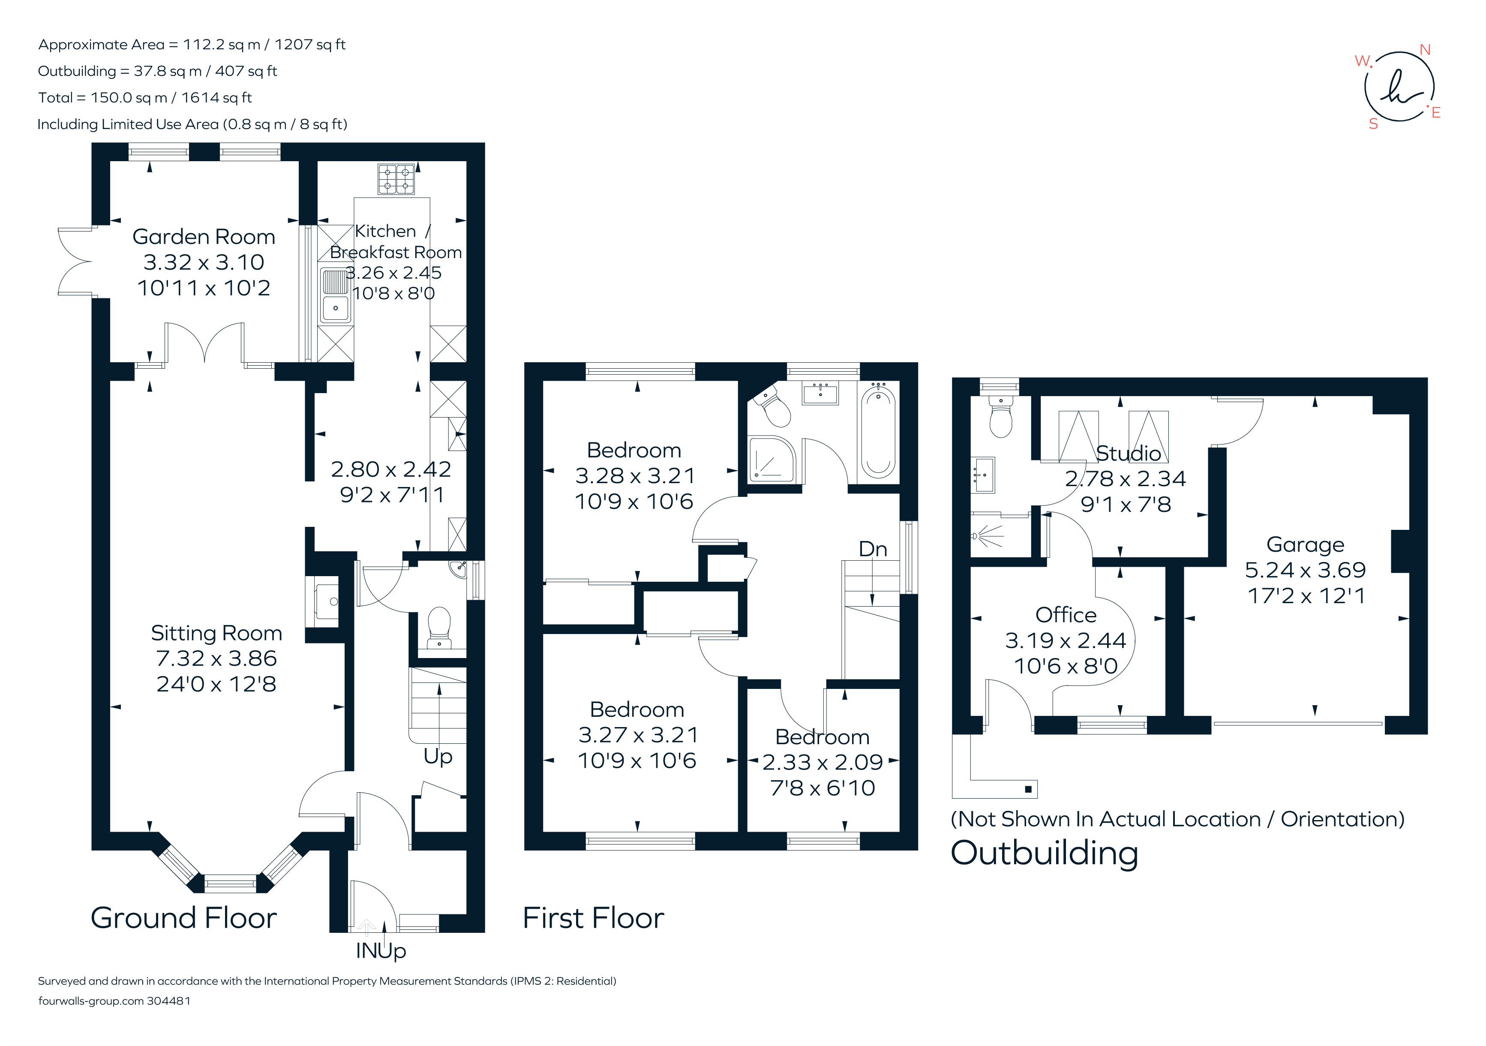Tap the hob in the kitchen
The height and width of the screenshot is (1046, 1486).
pos(396,179)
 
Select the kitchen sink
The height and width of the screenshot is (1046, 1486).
pos(335,296)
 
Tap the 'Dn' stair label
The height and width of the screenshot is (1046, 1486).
pos(873,549)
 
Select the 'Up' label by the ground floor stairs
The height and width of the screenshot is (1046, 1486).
pos(438,756)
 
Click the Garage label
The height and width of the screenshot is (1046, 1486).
pos(1305,544)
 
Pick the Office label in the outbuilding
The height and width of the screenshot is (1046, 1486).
pos(1065,614)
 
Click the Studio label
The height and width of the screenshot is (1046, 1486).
pos(1128,453)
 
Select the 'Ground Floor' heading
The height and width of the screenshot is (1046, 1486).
pos(184,918)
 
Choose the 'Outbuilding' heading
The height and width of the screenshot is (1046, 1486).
pos(1044,853)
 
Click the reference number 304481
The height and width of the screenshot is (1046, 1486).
pos(168,1001)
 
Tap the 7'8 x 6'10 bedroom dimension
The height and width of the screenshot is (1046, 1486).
pos(822,788)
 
